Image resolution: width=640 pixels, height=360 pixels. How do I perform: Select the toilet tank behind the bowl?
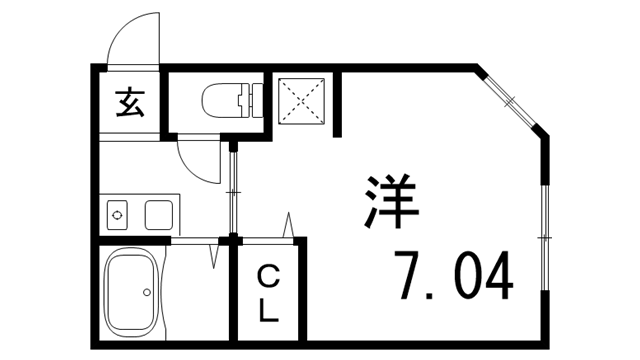pos(251,101)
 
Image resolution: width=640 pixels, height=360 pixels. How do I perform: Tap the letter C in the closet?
pos(268,276)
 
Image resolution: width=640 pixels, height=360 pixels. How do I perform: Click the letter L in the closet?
pos(268,311)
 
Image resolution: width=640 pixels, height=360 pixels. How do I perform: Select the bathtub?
pos(134,292)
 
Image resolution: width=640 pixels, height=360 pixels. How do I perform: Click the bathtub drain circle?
pos(147,293)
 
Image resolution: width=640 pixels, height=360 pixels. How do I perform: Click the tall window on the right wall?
pos(546,236)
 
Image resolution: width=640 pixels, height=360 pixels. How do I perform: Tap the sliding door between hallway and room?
pos(233,189)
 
